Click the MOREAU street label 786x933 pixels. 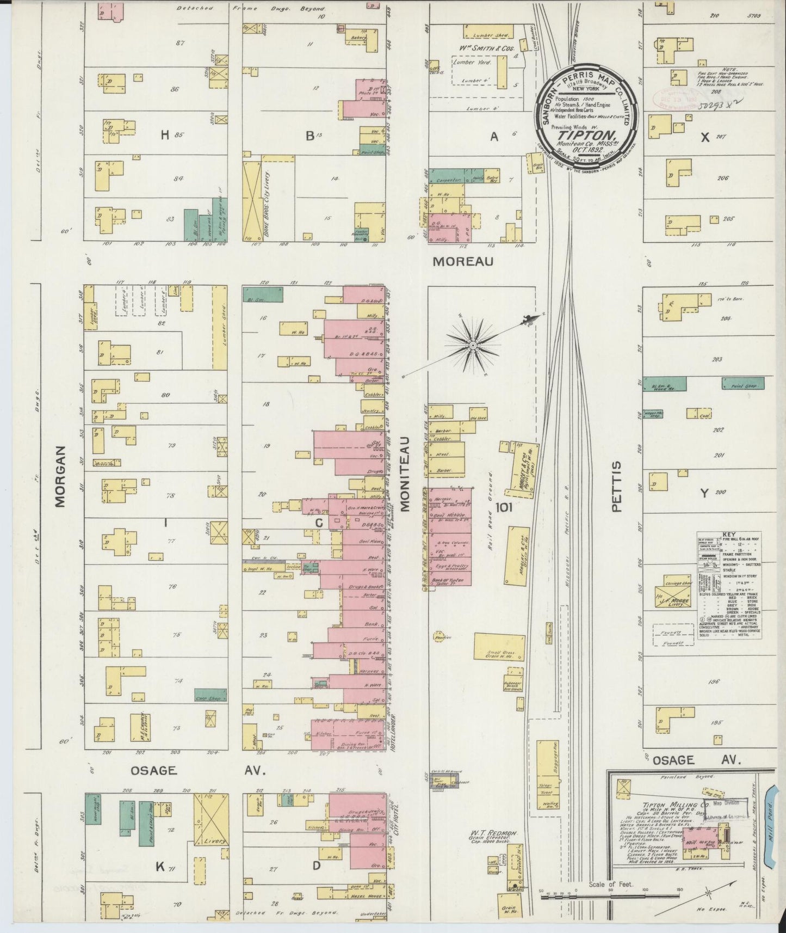tap(463, 262)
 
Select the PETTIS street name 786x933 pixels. tap(616, 486)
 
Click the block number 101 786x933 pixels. tap(504, 507)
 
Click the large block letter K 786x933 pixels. tap(160, 868)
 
